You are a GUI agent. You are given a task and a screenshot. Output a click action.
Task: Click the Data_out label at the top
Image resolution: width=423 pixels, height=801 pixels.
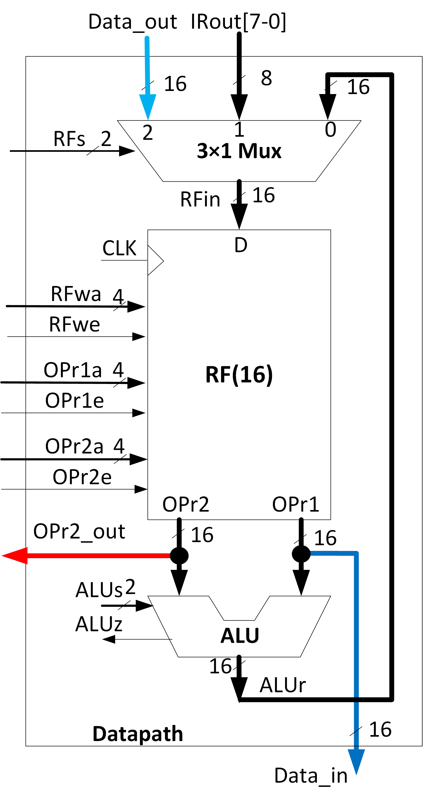132,22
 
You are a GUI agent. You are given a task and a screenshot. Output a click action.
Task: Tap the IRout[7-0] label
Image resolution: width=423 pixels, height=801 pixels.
238,22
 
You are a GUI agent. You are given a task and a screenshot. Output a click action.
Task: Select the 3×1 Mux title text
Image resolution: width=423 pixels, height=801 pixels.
239,151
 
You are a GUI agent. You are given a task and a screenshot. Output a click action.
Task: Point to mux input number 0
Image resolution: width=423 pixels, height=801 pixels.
330,129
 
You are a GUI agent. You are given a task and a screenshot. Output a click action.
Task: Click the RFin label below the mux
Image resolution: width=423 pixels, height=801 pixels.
200,199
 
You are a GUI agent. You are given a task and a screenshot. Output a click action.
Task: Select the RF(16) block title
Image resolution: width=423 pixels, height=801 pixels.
239,374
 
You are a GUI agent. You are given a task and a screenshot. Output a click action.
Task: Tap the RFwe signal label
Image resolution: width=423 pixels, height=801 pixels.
75,325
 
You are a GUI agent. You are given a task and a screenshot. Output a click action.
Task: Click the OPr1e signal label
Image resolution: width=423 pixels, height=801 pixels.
75,400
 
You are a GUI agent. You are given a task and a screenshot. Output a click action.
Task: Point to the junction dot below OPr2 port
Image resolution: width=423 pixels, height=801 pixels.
179,555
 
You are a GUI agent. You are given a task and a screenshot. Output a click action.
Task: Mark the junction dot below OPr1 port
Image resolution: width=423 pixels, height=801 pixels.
301,553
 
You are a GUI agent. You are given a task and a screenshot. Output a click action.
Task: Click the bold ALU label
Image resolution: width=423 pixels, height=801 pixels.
240,635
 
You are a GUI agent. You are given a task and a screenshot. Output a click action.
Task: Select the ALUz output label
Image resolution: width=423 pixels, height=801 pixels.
99,624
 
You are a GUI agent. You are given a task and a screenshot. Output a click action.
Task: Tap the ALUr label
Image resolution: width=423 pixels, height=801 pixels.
283,685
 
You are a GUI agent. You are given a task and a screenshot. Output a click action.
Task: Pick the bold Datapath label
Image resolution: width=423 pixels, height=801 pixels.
138,734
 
